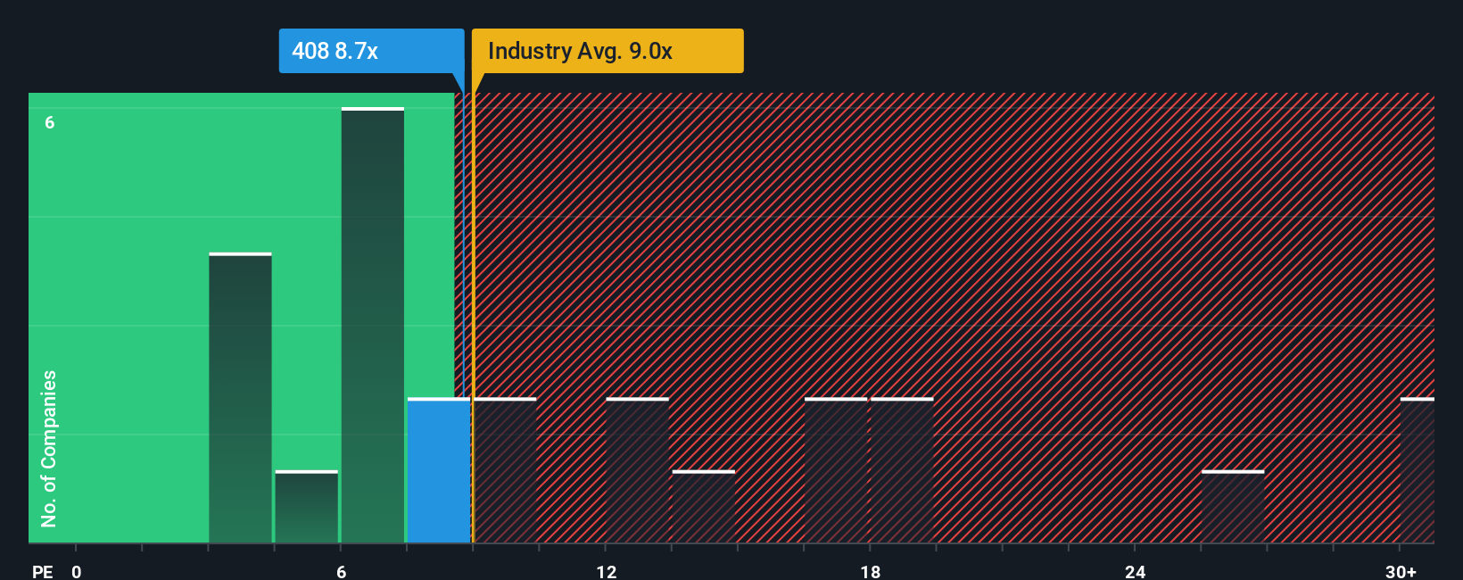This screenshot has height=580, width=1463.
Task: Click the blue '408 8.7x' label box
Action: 371,51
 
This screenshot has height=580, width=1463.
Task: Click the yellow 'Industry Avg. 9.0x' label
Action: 607,51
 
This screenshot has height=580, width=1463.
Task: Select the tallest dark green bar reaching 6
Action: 373,326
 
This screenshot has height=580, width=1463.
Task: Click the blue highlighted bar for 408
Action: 439,470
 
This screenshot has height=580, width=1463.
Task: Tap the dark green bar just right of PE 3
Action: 240,398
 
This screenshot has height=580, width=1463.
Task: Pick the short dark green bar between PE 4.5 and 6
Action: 307,507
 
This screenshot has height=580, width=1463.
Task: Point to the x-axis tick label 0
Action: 77,571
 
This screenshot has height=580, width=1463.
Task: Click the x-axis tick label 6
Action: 341,571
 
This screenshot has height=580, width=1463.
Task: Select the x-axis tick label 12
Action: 606,571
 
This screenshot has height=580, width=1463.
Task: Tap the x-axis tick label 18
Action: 871,571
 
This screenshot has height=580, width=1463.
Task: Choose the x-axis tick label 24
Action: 1135,571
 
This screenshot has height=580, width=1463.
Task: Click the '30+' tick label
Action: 1401,571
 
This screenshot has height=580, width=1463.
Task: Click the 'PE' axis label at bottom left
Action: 42,571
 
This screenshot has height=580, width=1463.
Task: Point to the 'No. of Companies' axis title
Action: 49,448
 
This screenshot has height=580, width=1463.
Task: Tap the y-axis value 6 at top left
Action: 50,122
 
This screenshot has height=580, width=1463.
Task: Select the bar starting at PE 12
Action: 637,470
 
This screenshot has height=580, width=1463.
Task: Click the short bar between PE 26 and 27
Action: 1233,507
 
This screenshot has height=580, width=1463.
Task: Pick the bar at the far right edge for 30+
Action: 1418,470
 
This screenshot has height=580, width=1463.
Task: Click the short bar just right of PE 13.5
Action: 704,507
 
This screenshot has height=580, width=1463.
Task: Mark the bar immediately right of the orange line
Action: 506,470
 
